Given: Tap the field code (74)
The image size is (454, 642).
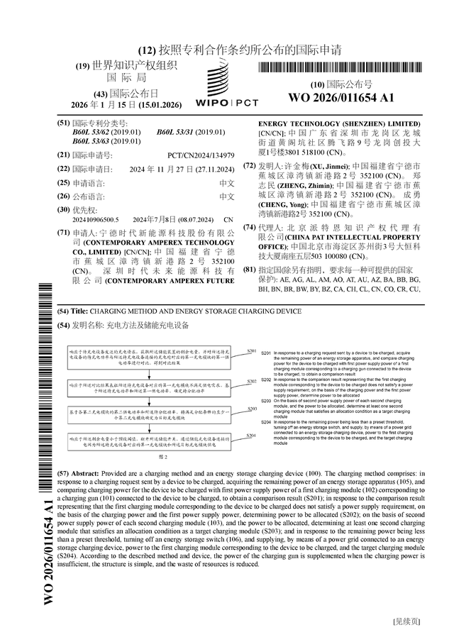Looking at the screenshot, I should [249, 228].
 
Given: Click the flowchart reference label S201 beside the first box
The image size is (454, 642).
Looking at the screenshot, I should [252, 351].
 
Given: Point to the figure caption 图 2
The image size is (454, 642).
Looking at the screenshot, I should [161, 458].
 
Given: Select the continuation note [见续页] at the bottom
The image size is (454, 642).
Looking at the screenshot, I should [406, 621].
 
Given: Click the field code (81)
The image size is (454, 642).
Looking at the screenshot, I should [249, 270].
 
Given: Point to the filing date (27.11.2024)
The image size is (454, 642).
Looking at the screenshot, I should [215, 169].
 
